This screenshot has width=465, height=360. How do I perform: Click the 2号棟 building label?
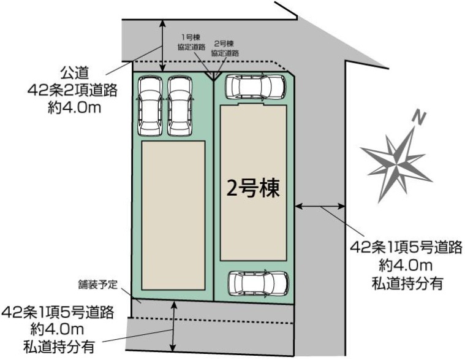253,189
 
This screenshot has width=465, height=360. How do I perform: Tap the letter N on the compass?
419,117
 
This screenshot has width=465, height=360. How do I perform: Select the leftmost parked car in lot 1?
149,106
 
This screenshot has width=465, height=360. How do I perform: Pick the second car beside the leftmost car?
180,106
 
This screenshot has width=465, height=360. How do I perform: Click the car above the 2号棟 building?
255,87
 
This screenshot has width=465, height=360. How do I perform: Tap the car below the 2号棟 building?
258,283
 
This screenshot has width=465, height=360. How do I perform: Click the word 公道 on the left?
74,72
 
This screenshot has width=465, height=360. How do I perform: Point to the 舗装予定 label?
98,285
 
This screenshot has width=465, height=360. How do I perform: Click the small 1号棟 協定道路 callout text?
191,42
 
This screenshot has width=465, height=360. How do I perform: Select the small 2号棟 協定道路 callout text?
225,48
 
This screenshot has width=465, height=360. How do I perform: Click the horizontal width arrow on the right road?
320,205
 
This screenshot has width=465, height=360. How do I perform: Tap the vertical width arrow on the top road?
162,45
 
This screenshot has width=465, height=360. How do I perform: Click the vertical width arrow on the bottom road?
173,326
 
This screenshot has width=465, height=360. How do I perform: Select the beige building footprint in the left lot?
173,215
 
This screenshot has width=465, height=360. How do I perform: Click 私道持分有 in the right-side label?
407,283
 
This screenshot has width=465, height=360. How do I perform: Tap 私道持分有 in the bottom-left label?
59,347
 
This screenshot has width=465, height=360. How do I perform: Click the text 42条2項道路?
72,90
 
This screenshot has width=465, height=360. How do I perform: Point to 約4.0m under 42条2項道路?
74,107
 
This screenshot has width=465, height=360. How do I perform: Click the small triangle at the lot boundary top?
214,75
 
